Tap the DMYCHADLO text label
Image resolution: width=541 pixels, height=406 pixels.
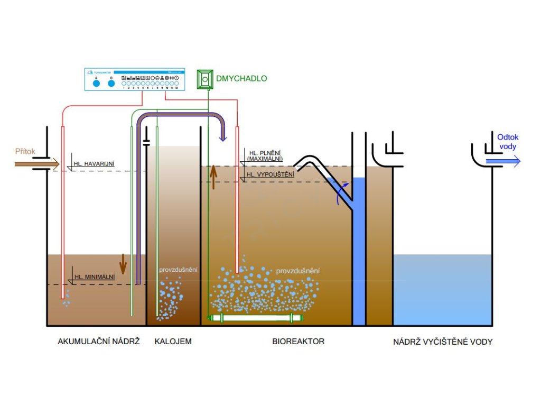[x=241, y=79]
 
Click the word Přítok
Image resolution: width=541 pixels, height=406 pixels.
[x=25, y=152]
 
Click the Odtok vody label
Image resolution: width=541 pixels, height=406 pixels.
[x=508, y=142]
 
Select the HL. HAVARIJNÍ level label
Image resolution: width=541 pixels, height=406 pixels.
[x=95, y=164]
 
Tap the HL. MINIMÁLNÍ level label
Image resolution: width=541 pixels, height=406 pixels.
[x=95, y=277]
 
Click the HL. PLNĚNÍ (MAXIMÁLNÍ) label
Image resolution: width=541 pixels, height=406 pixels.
[x=265, y=155]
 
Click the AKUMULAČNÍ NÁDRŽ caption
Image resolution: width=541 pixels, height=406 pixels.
[x=99, y=342]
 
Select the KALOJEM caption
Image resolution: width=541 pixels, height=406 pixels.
[x=173, y=342]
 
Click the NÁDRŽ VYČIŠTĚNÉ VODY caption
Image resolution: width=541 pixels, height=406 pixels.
[x=443, y=342]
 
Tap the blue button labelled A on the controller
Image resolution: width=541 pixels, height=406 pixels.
[x=96, y=83]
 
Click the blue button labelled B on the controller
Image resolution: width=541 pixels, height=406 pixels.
[x=111, y=83]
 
